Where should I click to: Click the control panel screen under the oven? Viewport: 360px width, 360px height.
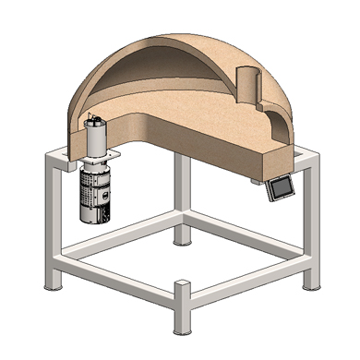pyautogui.click(x=278, y=190)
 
